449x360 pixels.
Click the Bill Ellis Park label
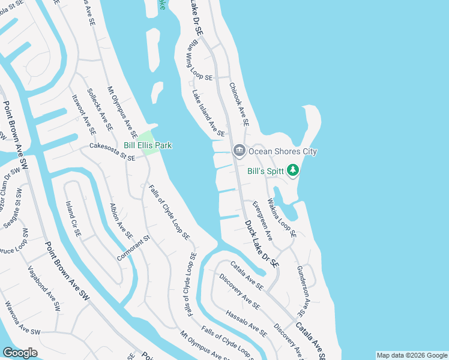point(148,145)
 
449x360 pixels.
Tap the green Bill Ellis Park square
point(150,136)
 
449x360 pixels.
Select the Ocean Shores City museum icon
point(239,151)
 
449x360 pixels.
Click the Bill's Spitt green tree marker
point(293,171)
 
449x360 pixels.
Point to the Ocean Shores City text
point(283,151)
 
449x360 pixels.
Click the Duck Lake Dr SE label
point(262,243)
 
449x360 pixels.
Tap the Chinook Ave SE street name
point(239,104)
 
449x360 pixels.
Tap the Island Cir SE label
point(73,218)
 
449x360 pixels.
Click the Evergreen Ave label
point(262,220)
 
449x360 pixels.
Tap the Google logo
point(20,353)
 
